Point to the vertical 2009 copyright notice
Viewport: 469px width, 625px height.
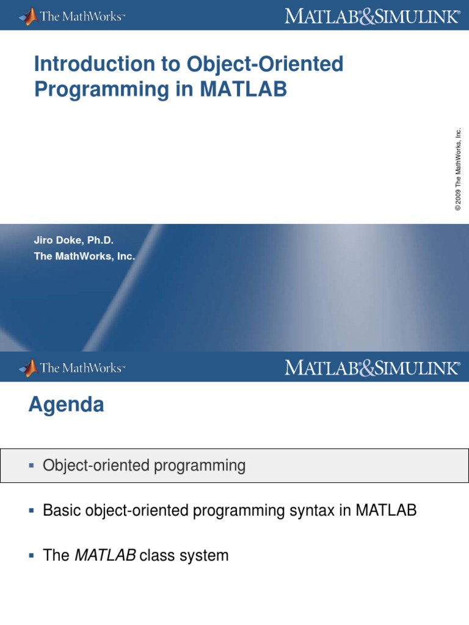tap(458, 169)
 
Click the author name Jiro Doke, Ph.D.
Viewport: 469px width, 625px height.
tap(74, 241)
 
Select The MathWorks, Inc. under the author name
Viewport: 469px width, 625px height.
tap(84, 256)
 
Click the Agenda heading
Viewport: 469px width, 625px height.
tap(66, 405)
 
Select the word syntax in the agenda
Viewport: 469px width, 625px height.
tap(313, 511)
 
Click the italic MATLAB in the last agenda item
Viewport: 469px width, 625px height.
tap(105, 555)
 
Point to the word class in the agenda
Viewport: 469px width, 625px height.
tap(157, 555)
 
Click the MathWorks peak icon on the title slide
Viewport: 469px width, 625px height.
tap(28, 15)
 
